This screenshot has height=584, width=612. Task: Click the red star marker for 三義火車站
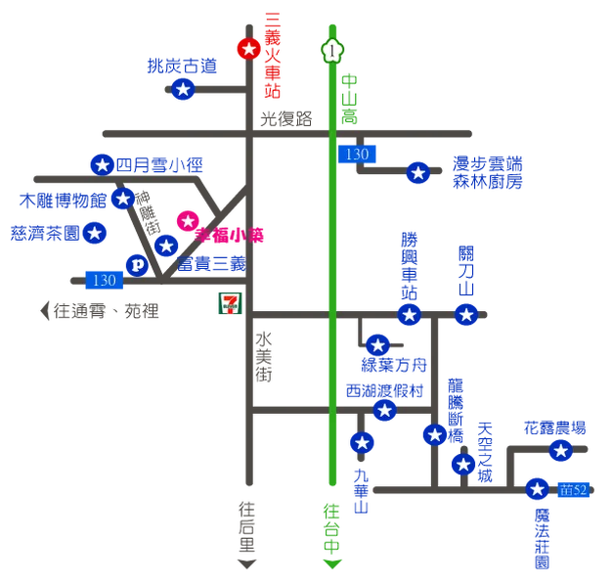pyautogui.click(x=249, y=49)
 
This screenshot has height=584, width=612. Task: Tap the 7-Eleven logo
pyautogui.click(x=231, y=303)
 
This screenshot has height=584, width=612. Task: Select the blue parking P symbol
pyautogui.click(x=137, y=265)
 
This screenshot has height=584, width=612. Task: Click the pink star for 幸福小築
pyautogui.click(x=188, y=221)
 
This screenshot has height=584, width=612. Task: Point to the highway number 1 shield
pyautogui.click(x=332, y=51)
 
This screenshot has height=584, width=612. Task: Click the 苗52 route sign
pyautogui.click(x=573, y=489)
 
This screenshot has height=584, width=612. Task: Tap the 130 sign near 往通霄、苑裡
pyautogui.click(x=105, y=280)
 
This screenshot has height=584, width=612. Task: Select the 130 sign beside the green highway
pyautogui.click(x=357, y=154)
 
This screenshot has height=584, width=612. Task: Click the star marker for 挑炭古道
pyautogui.click(x=183, y=89)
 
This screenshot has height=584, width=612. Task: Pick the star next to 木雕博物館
pyautogui.click(x=123, y=199)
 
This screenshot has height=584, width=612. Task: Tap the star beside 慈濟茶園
pyautogui.click(x=95, y=233)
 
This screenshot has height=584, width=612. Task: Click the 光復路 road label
pyautogui.click(x=286, y=118)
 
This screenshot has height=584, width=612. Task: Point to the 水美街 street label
pyautogui.click(x=264, y=357)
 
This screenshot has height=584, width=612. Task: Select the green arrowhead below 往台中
pyautogui.click(x=332, y=563)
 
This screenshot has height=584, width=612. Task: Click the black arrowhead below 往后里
pyautogui.click(x=246, y=563)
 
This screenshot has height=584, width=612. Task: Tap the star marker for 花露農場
pyautogui.click(x=561, y=450)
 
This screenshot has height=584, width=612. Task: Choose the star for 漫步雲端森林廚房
pyautogui.click(x=418, y=172)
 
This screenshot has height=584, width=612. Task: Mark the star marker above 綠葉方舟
pyautogui.click(x=377, y=345)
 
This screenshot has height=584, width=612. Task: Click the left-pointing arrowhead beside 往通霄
pyautogui.click(x=45, y=311)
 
